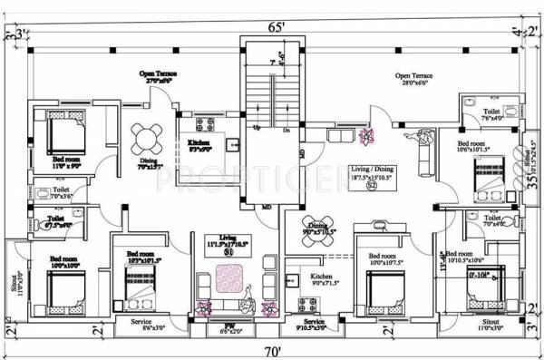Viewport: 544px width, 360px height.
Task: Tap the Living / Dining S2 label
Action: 372,176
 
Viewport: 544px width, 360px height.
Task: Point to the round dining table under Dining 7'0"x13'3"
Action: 143,139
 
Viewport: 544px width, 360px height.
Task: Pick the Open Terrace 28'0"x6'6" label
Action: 415,79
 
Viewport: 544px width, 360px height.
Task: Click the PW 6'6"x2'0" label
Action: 229,328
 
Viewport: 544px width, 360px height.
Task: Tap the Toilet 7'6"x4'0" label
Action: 491,114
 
